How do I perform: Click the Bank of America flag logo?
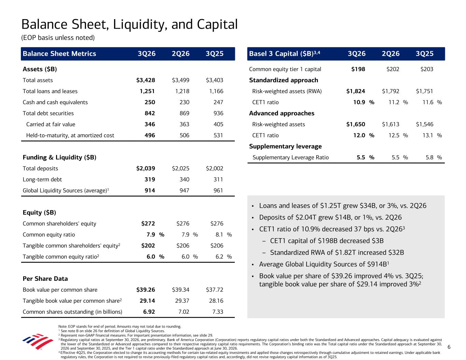(38, 341)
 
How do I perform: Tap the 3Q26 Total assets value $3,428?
(146, 80)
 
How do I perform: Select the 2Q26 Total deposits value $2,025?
(181, 169)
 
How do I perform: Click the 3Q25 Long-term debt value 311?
(218, 179)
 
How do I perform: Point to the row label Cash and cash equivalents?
(55, 102)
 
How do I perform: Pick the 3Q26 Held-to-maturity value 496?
(150, 135)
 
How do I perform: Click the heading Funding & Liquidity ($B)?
(59, 157)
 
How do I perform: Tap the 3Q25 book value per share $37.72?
(214, 290)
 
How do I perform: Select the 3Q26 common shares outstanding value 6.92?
(149, 312)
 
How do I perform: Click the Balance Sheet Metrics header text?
(59, 54)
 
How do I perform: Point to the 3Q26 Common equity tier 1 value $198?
(358, 69)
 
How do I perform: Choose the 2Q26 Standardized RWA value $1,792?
(391, 91)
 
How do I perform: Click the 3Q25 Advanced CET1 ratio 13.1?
(428, 135)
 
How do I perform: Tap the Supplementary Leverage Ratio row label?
(291, 158)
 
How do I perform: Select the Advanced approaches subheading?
(282, 113)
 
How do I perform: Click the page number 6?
(449, 347)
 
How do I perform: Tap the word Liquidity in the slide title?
(140, 25)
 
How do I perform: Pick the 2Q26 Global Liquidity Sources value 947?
(184, 190)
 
